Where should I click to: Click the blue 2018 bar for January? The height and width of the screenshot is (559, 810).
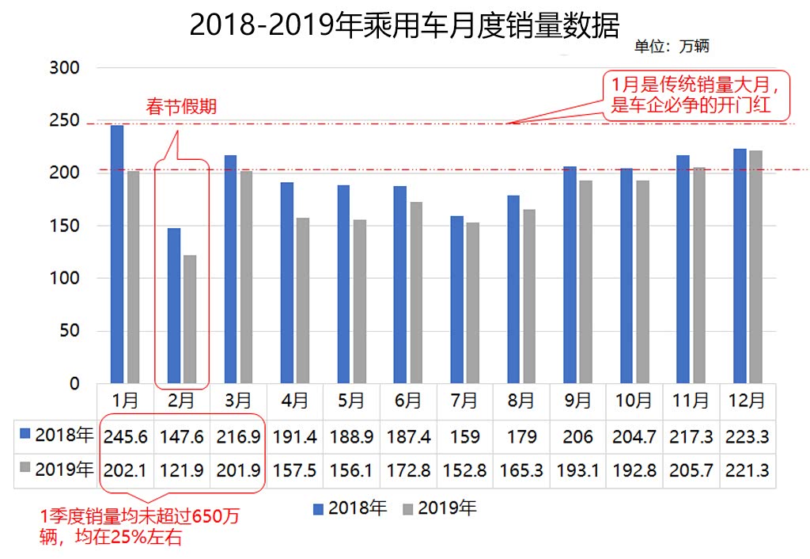[117, 254]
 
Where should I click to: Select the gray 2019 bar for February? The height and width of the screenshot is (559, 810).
[190, 319]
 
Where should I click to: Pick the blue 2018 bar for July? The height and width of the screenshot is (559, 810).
[457, 299]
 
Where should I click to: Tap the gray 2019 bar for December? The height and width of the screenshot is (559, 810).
[755, 267]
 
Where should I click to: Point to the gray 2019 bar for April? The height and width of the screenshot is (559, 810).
[303, 300]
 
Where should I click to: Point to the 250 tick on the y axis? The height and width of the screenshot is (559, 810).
[64, 120]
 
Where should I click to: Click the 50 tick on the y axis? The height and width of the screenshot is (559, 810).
[70, 331]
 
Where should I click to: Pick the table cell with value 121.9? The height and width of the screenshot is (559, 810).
[182, 470]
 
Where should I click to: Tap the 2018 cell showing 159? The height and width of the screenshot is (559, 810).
[464, 436]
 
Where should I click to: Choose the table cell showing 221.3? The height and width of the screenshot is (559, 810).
[748, 470]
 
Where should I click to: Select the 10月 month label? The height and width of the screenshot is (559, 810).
[634, 401]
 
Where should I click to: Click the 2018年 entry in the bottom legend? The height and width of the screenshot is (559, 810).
[349, 508]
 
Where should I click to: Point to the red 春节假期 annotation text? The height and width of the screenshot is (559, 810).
[181, 107]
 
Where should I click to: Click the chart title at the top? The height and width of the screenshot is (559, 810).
[404, 25]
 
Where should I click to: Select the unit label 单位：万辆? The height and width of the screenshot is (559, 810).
[672, 46]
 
